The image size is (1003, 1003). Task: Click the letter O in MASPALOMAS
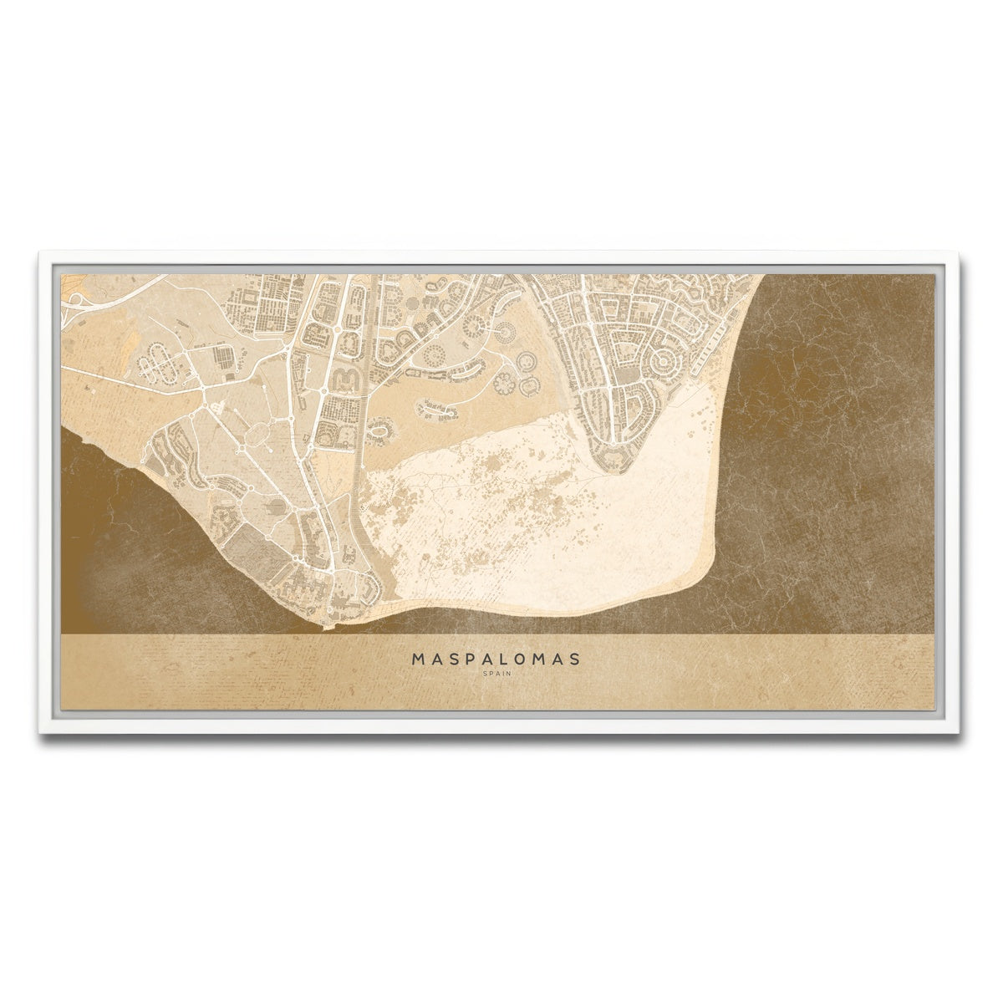coord(524,659)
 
